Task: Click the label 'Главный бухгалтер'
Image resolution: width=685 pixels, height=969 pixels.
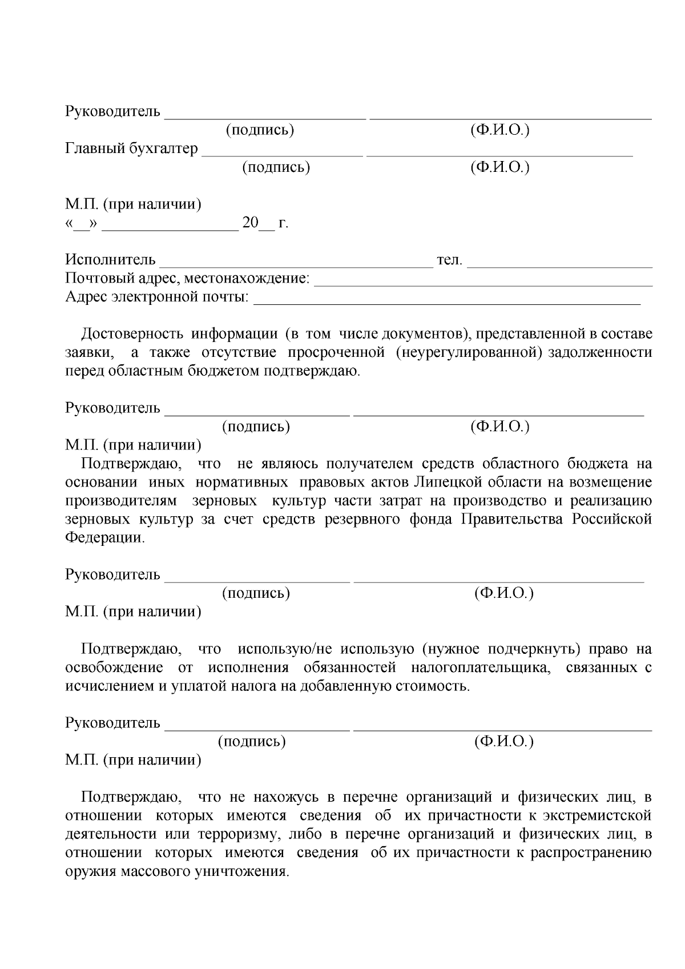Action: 131,149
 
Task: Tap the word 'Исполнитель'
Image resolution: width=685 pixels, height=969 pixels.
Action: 110,260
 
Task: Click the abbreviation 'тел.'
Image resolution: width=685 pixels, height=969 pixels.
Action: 449,260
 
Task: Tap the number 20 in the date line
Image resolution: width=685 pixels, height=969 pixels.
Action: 251,223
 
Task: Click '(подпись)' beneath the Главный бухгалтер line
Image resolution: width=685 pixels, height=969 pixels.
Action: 276,167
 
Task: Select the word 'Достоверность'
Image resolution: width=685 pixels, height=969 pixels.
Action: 132,333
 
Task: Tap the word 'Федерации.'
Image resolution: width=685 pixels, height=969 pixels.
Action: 105,538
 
